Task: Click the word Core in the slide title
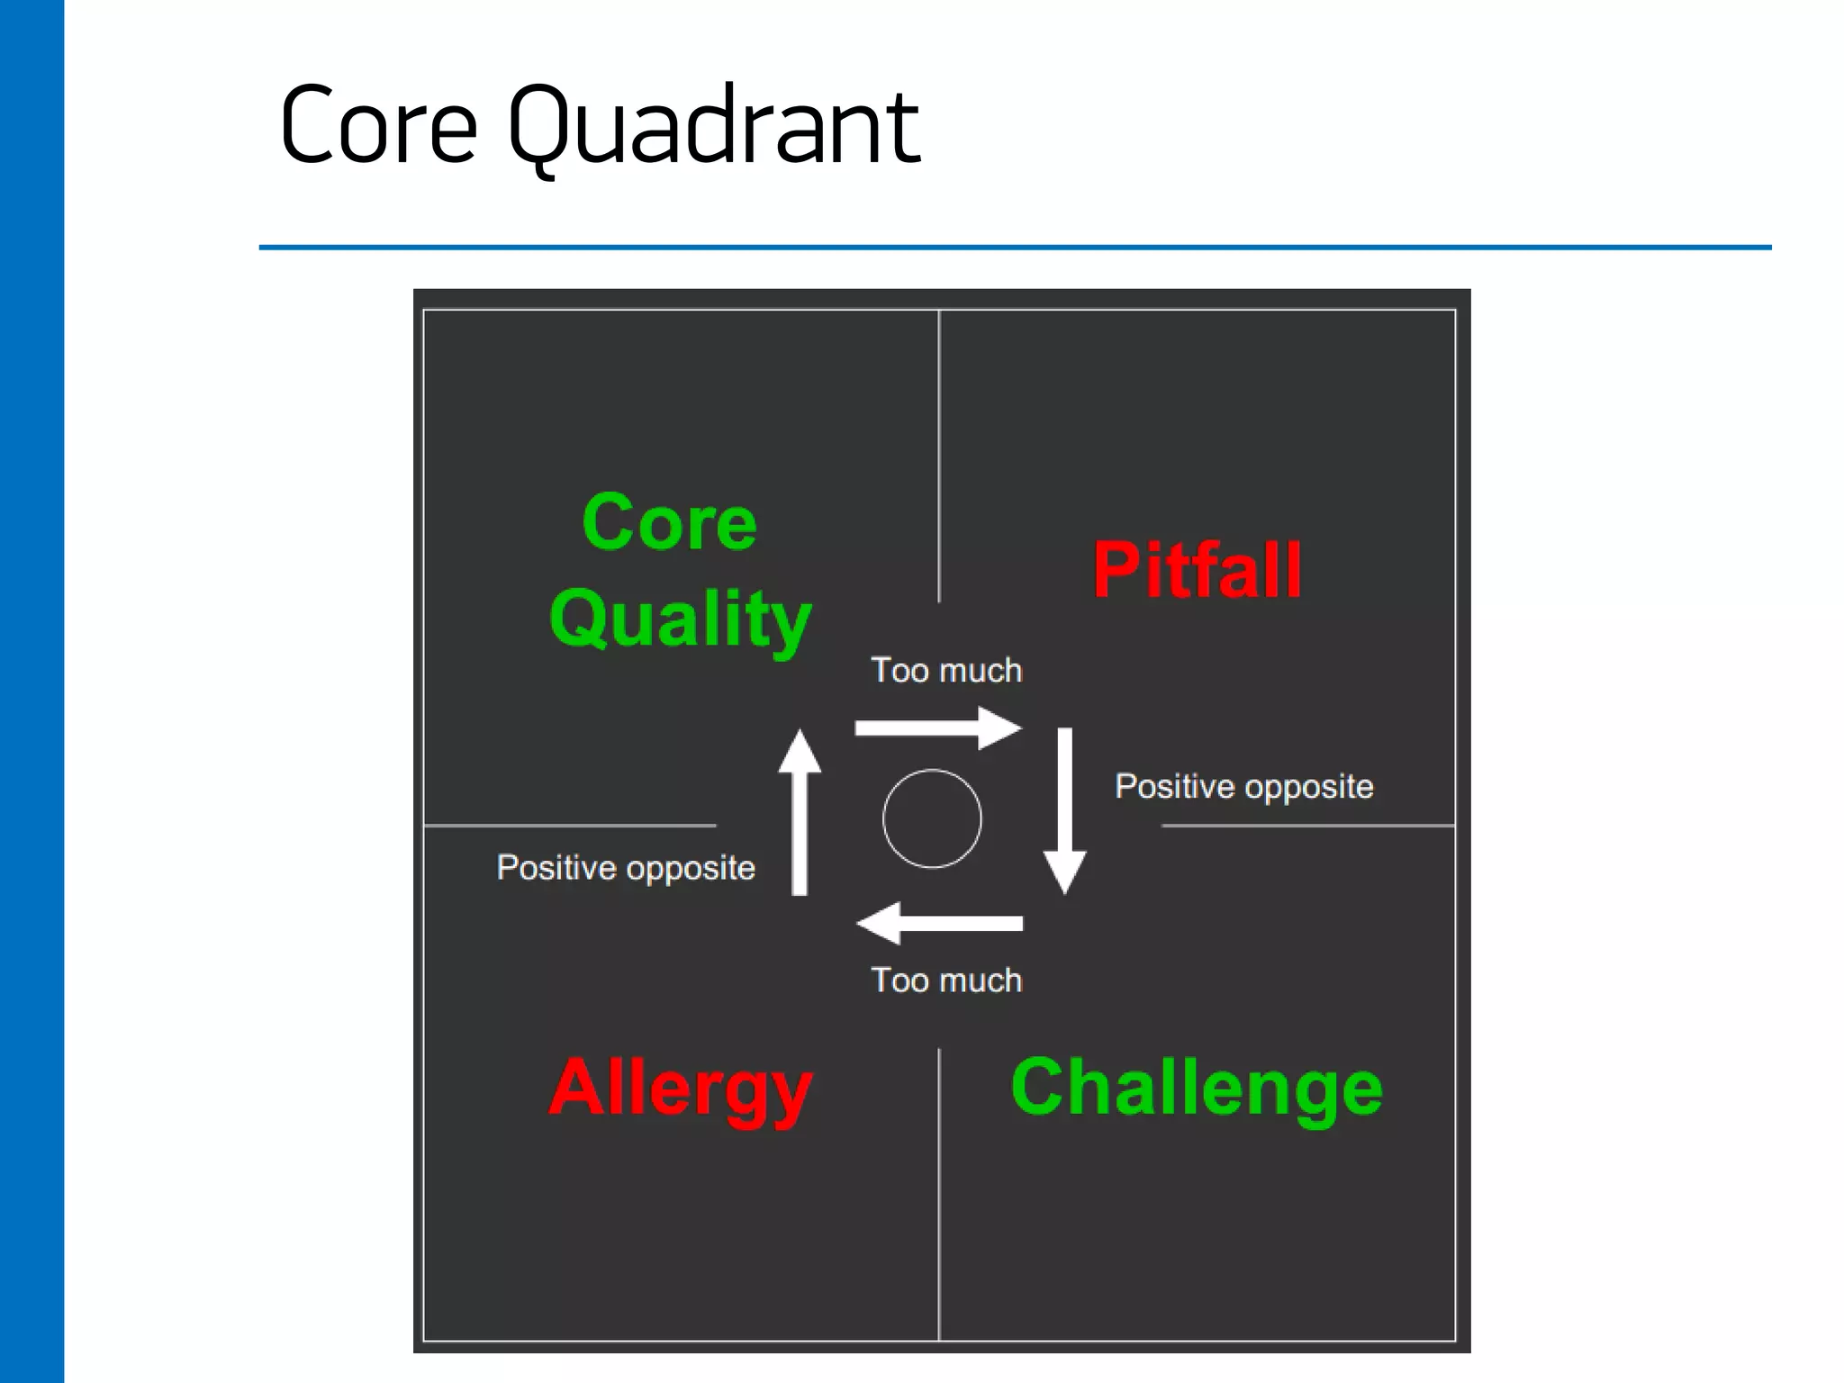(x=378, y=126)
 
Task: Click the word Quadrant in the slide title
(x=713, y=126)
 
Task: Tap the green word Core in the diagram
(x=669, y=523)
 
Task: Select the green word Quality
(x=680, y=619)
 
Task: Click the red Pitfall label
(x=1197, y=570)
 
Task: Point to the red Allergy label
(x=680, y=1089)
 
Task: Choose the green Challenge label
(x=1197, y=1089)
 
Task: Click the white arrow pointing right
(x=938, y=728)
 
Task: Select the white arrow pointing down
(x=1064, y=810)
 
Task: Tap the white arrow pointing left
(x=938, y=923)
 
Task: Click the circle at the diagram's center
(x=932, y=818)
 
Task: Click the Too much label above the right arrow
(x=946, y=671)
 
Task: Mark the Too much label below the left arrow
(x=946, y=981)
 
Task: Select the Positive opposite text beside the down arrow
(x=1244, y=787)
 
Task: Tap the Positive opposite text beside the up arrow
(x=626, y=868)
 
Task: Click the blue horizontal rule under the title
(x=1015, y=247)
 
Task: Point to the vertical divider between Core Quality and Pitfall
(x=939, y=455)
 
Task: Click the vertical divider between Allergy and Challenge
(x=939, y=1193)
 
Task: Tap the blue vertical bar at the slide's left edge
(x=32, y=691)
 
